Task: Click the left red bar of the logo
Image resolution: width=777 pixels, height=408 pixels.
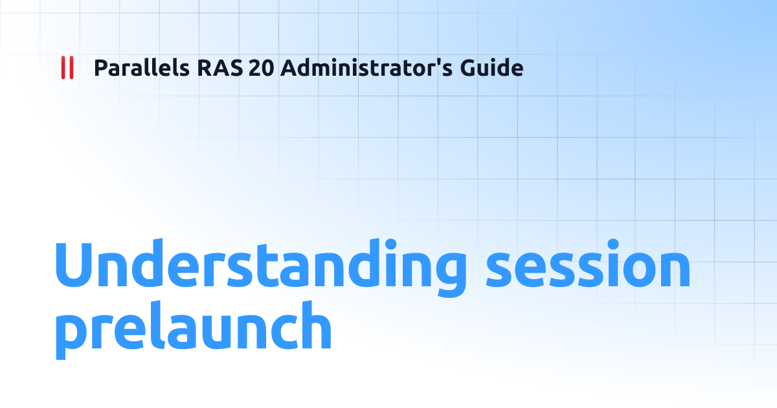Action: (63, 68)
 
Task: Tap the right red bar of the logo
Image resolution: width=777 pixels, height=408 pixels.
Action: (71, 68)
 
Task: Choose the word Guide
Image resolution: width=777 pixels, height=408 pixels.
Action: (491, 68)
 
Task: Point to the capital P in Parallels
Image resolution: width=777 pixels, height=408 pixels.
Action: (100, 68)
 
